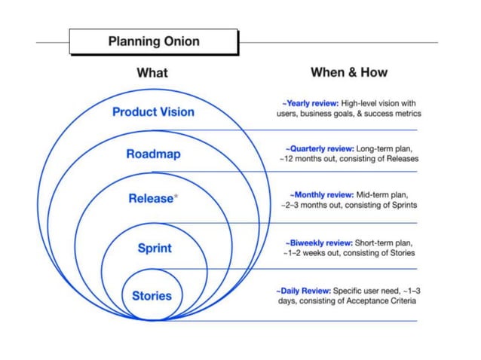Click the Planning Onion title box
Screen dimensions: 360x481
153,41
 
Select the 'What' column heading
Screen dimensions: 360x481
152,73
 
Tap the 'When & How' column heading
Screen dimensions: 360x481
348,72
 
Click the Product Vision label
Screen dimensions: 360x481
153,112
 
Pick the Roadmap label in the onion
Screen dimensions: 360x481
153,154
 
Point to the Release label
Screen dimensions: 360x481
151,199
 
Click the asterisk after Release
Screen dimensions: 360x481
176,197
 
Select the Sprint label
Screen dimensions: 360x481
154,248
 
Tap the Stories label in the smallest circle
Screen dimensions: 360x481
152,295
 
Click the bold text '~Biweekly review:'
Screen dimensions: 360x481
320,243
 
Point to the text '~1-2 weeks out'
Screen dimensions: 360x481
312,254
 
